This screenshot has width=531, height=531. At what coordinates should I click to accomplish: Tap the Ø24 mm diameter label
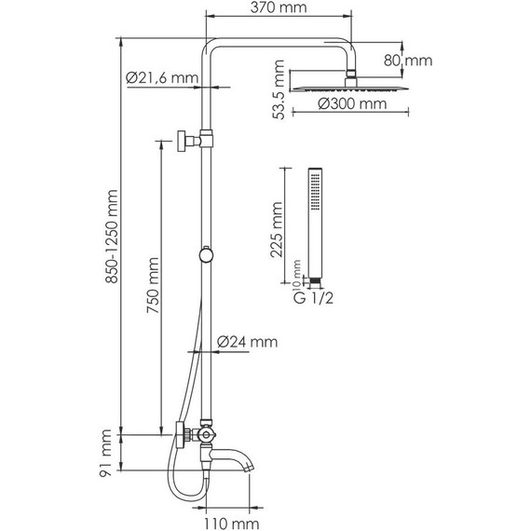point(247,342)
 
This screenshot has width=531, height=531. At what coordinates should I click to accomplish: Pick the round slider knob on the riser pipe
point(206,253)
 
